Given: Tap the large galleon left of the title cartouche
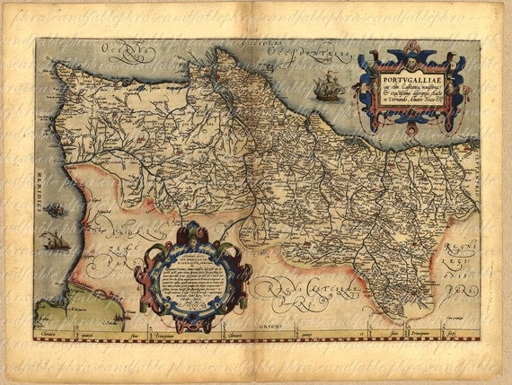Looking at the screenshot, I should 328,87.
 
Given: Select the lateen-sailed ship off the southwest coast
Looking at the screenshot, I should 55,241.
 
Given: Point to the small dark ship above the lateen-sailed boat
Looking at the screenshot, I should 54,210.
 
